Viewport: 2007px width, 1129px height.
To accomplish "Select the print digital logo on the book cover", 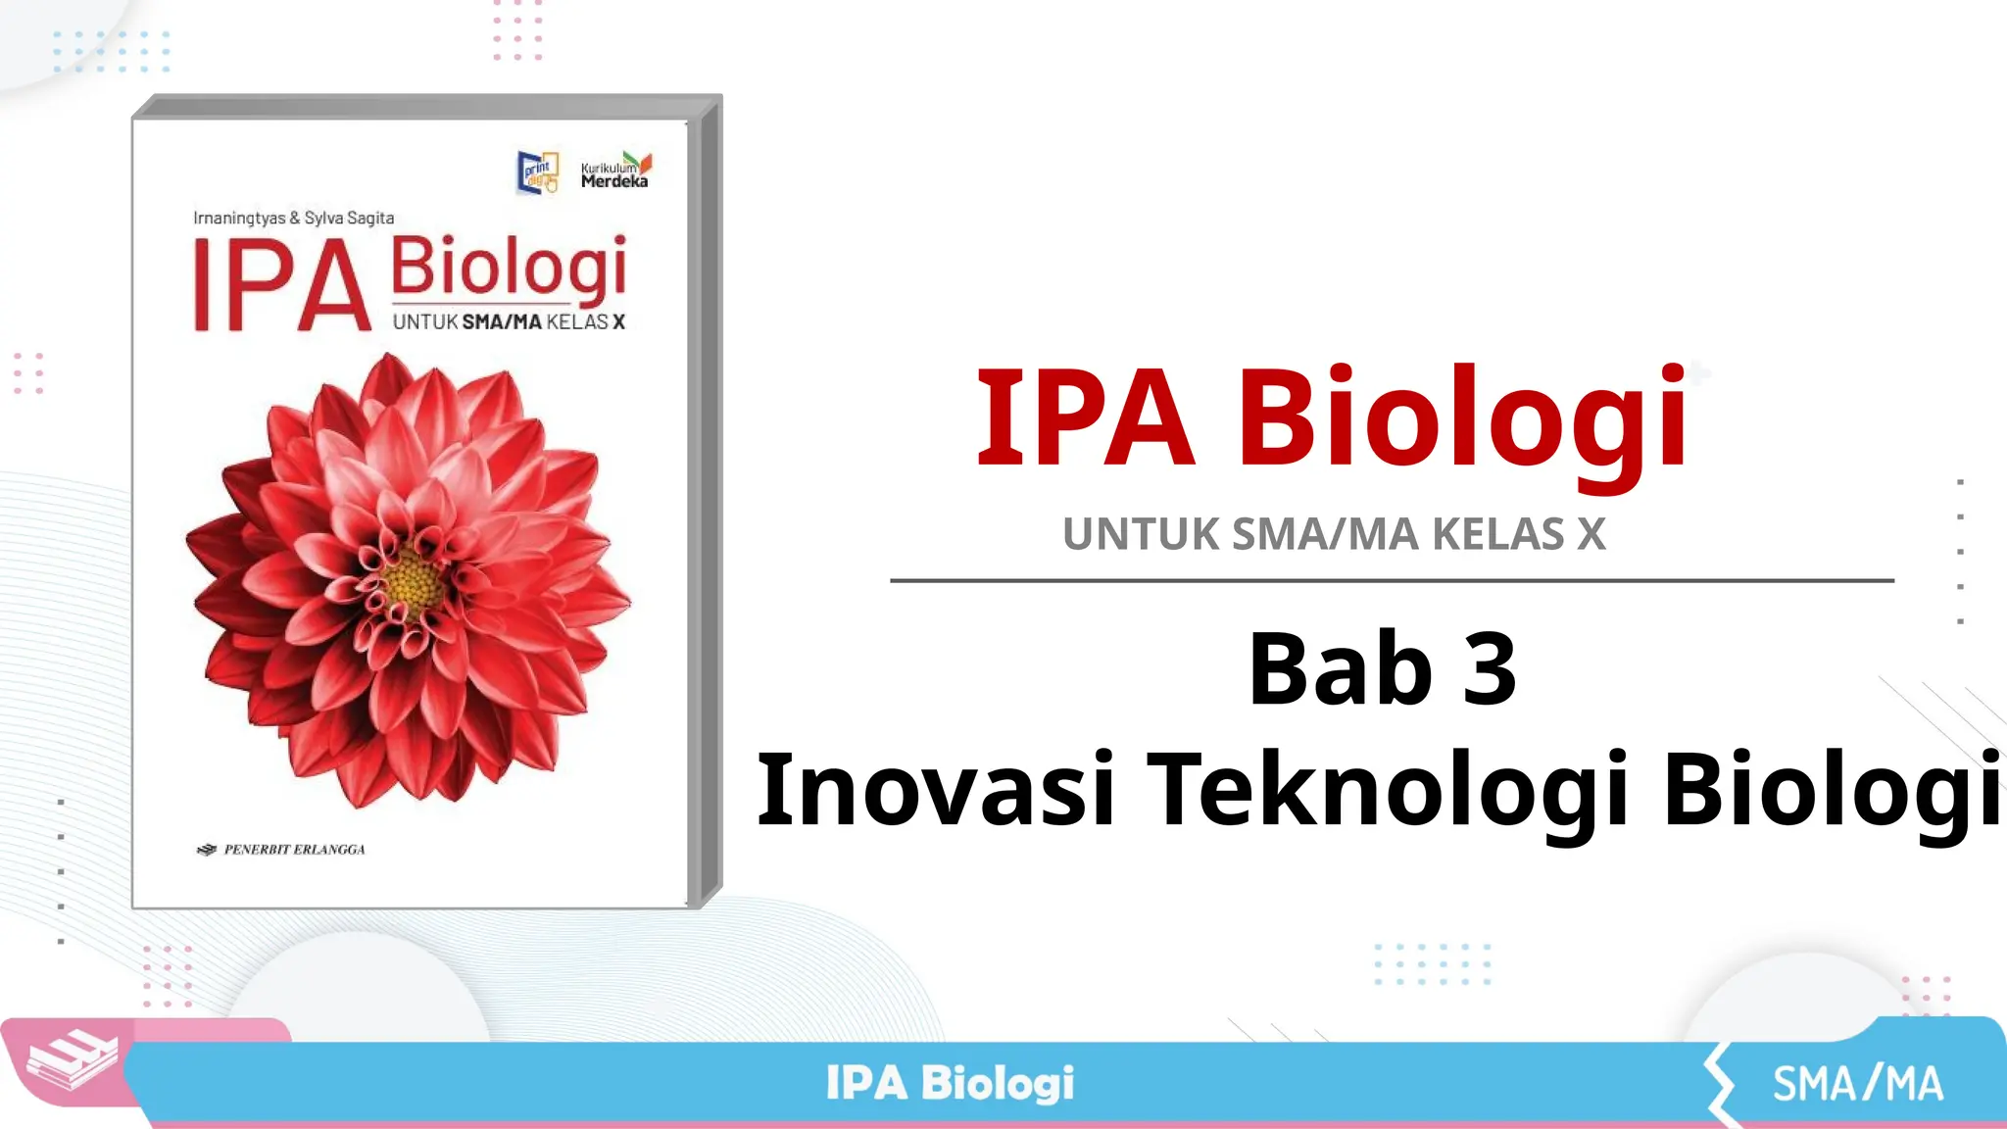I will [x=537, y=172].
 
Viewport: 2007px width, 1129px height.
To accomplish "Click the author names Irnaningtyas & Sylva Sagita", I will [x=293, y=218].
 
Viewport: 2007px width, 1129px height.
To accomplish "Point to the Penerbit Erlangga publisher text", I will [x=293, y=850].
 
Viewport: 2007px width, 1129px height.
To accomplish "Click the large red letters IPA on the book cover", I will [x=282, y=286].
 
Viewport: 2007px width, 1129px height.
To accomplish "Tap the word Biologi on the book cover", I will [x=508, y=267].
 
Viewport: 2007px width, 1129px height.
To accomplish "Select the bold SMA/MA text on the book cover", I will [x=502, y=322].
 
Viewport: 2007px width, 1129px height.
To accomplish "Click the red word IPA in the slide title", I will [x=1086, y=418].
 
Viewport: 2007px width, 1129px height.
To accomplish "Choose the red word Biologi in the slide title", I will [x=1462, y=418].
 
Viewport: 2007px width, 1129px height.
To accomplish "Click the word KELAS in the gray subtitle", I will [x=1498, y=535].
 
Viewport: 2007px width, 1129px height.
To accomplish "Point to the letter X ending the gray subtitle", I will [x=1591, y=535].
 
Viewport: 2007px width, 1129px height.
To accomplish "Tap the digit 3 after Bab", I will [x=1490, y=670].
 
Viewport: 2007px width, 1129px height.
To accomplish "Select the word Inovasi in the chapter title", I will [x=936, y=790].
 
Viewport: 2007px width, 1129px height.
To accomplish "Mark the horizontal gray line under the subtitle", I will [x=1392, y=581].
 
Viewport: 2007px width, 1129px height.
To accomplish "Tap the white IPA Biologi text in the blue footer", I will [x=950, y=1084].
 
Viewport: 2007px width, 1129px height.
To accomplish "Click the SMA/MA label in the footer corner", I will [x=1857, y=1084].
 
